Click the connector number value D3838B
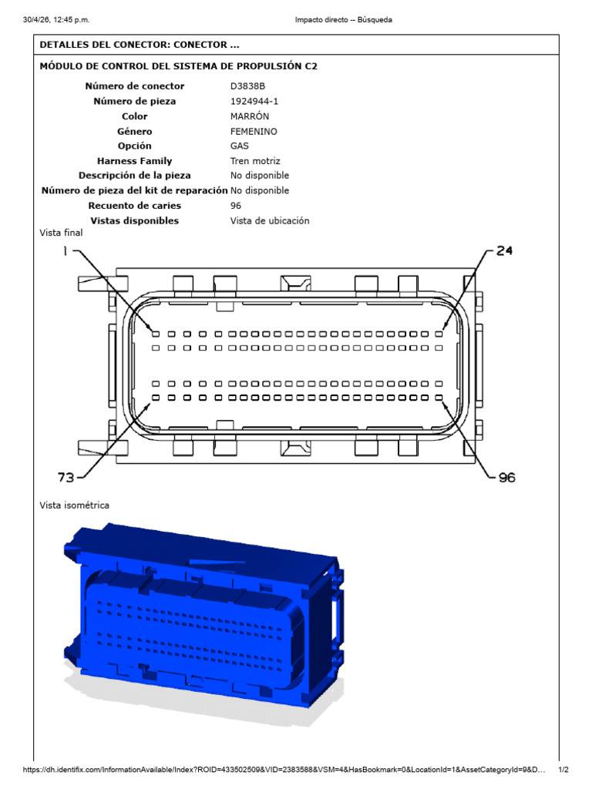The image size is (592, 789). click(x=247, y=86)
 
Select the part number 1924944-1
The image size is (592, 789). click(x=254, y=101)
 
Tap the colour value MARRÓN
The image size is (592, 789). click(x=250, y=116)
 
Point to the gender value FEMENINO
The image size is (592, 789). click(x=254, y=131)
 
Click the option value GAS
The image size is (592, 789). click(x=240, y=146)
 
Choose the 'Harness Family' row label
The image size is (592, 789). click(x=134, y=161)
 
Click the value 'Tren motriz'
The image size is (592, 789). click(x=255, y=161)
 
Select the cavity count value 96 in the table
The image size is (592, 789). click(x=236, y=206)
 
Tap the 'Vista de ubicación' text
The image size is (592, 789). click(x=270, y=220)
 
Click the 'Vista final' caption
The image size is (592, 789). click(x=61, y=233)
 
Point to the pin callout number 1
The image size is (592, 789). click(x=65, y=250)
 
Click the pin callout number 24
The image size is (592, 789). click(x=504, y=250)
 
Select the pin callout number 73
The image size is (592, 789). click(x=66, y=477)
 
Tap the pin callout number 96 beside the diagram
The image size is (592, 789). click(x=507, y=477)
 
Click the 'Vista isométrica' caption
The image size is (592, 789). click(x=75, y=505)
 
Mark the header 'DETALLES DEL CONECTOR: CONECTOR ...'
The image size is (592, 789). click(x=140, y=45)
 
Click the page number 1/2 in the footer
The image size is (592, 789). click(x=563, y=770)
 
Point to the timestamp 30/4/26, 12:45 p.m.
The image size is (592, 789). click(x=55, y=19)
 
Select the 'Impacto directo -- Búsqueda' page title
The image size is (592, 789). click(x=343, y=19)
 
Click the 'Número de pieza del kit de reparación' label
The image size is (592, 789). click(x=134, y=191)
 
